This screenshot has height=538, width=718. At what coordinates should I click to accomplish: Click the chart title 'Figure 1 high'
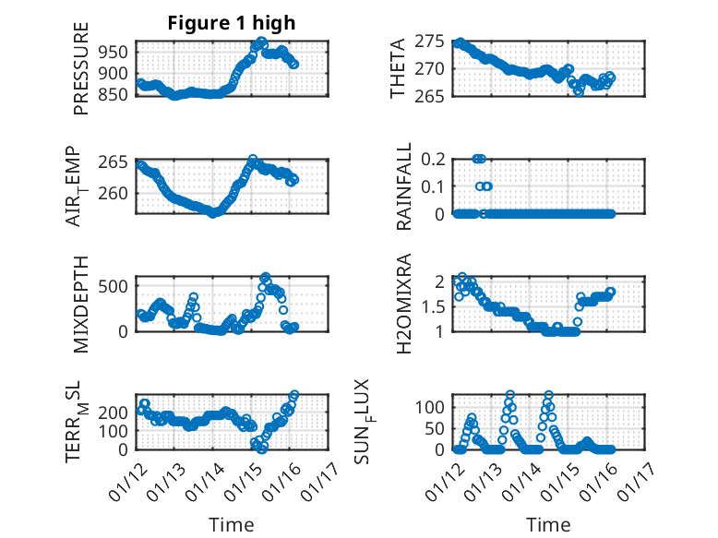click(231, 24)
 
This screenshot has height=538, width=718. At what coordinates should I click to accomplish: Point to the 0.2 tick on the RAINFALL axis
click(435, 159)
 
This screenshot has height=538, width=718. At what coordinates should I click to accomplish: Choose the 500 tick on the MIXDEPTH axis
click(115, 285)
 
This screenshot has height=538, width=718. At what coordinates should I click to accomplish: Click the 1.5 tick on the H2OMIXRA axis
click(435, 306)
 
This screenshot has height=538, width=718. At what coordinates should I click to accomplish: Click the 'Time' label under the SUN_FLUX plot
click(548, 524)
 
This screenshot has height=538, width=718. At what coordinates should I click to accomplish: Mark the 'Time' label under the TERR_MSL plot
click(231, 524)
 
